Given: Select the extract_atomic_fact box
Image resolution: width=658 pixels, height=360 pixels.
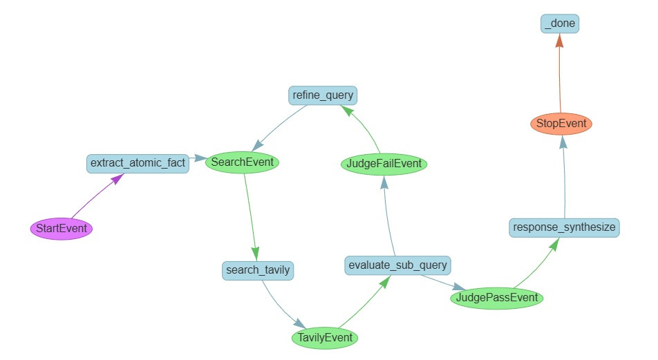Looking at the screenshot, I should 138,163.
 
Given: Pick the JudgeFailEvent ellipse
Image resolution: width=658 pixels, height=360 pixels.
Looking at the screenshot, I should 384,164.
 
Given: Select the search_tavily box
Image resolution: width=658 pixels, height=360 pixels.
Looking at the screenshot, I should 258,269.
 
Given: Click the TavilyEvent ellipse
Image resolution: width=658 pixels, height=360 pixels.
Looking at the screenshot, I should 325,337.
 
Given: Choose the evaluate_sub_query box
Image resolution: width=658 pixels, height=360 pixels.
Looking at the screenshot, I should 398,265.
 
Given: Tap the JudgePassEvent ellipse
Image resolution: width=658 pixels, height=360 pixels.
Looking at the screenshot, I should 497,298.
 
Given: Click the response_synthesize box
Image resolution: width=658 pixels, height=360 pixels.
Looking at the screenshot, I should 564,227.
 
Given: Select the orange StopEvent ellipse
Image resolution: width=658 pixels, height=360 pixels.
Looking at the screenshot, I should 560,124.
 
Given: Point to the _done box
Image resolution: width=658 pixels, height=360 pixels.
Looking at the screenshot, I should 558,24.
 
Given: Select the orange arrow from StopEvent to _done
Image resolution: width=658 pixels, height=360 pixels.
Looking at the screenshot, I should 559,76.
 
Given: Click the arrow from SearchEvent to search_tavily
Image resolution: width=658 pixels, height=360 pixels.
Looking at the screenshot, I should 250,214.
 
